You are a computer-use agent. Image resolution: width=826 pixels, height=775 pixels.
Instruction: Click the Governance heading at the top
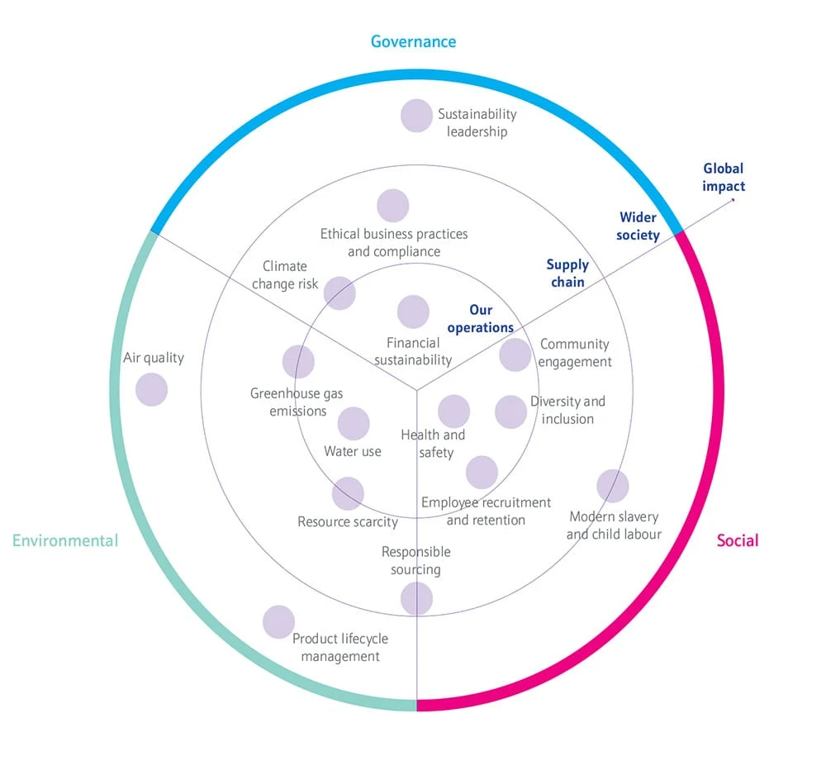413,41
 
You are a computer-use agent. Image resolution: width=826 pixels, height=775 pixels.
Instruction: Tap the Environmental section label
65,541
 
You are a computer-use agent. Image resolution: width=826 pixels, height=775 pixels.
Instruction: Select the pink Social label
737,541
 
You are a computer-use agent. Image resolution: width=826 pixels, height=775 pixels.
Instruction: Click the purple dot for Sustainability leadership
416,116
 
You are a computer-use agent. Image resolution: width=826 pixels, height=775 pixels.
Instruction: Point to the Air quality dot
151,389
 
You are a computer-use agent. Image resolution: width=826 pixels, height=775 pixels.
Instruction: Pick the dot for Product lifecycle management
278,622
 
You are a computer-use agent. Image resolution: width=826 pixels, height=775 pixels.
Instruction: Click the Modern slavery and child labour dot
612,486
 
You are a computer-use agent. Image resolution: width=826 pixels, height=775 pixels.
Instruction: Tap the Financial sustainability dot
413,312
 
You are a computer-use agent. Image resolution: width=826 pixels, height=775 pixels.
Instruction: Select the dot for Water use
354,424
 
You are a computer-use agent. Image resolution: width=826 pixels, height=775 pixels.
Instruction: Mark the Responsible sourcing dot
416,599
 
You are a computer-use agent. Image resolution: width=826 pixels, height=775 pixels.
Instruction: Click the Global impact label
724,178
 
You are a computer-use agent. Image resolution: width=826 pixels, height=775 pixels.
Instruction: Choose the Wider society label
639,226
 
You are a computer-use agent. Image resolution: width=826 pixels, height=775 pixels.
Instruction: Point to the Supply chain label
567,273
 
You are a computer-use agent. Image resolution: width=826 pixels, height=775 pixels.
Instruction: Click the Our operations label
481,319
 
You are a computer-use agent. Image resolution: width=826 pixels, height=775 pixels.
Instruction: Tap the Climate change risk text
285,275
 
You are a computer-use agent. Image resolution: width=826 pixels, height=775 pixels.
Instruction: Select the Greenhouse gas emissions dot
298,362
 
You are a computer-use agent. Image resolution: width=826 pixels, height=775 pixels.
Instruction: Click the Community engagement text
576,353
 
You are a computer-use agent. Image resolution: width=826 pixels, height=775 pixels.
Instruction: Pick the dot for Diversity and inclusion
510,412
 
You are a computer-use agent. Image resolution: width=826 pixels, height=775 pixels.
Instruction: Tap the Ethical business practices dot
393,206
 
